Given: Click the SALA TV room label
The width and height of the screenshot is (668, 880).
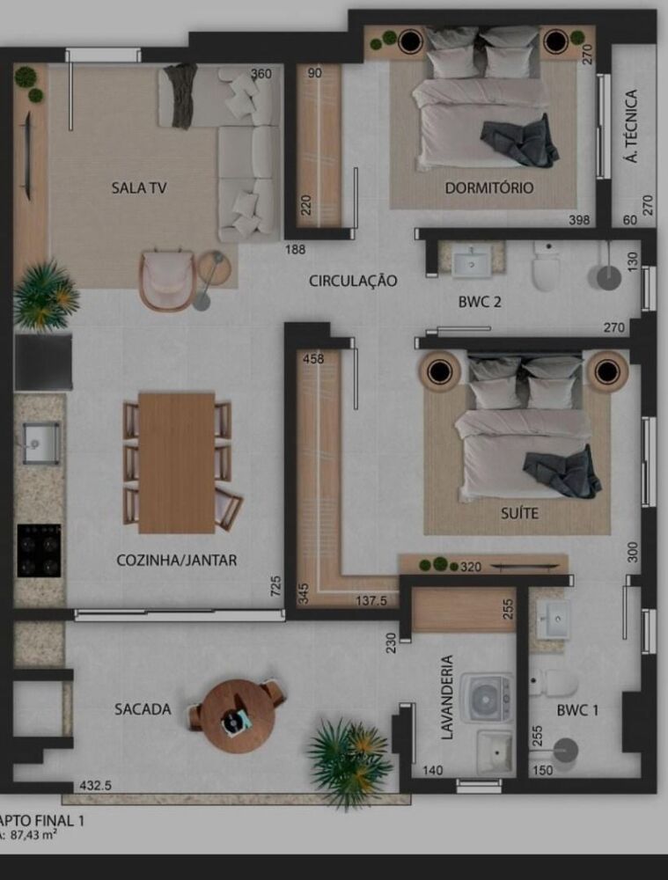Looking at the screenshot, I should point(139,187).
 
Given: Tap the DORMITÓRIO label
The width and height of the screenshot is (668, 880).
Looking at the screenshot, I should point(488,187).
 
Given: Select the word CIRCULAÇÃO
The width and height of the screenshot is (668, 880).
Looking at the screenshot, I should point(353,281).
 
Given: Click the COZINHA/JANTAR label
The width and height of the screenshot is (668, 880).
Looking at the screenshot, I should point(176,560).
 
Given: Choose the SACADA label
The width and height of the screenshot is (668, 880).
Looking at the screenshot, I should point(143,709).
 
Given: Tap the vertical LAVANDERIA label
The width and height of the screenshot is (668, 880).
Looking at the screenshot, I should point(447,697).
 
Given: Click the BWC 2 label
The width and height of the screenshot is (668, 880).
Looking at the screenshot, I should point(480,302).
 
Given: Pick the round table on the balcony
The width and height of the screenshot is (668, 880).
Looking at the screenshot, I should point(233,715).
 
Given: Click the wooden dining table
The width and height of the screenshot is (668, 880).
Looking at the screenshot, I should point(177,462).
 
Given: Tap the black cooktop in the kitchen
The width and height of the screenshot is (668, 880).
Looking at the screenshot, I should point(40,550).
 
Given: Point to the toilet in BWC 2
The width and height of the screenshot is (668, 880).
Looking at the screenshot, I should point(546,268).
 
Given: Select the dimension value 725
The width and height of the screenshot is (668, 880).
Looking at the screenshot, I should point(275,586).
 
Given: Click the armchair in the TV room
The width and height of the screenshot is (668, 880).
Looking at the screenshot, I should point(166,280).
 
